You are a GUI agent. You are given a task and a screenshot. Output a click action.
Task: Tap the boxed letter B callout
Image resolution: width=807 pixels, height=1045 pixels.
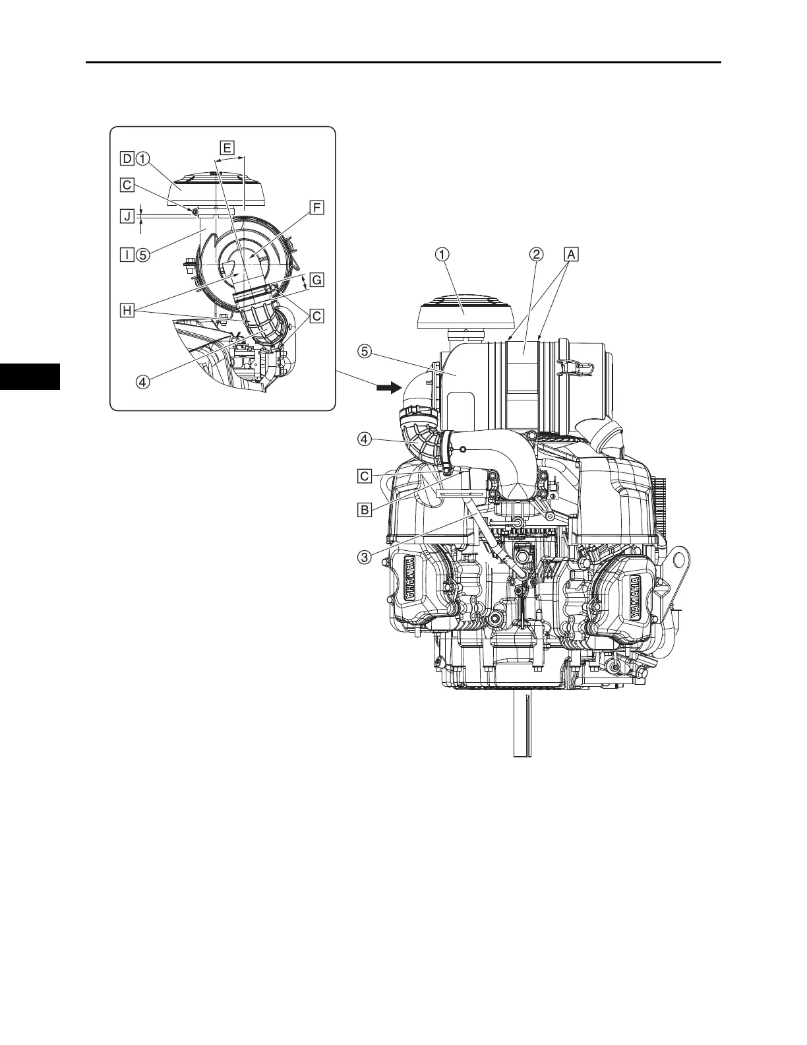click(363, 509)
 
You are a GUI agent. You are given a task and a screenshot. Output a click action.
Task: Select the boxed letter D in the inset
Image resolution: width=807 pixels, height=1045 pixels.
click(126, 158)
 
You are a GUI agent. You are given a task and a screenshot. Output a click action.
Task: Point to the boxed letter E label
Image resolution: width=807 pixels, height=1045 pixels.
click(226, 148)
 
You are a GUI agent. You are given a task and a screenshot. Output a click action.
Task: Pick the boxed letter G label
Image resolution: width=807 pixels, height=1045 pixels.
click(317, 280)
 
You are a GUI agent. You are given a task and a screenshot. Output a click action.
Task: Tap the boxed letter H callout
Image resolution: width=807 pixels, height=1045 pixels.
click(126, 310)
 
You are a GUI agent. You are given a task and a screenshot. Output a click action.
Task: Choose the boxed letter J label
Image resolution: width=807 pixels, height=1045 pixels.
click(126, 215)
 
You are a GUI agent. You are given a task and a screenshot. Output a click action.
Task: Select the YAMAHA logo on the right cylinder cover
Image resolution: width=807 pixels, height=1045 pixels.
click(634, 598)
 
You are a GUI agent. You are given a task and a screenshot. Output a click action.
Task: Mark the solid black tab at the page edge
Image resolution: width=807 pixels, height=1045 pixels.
click(30, 376)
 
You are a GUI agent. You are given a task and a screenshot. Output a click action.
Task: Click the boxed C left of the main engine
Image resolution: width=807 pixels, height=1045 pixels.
click(363, 475)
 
